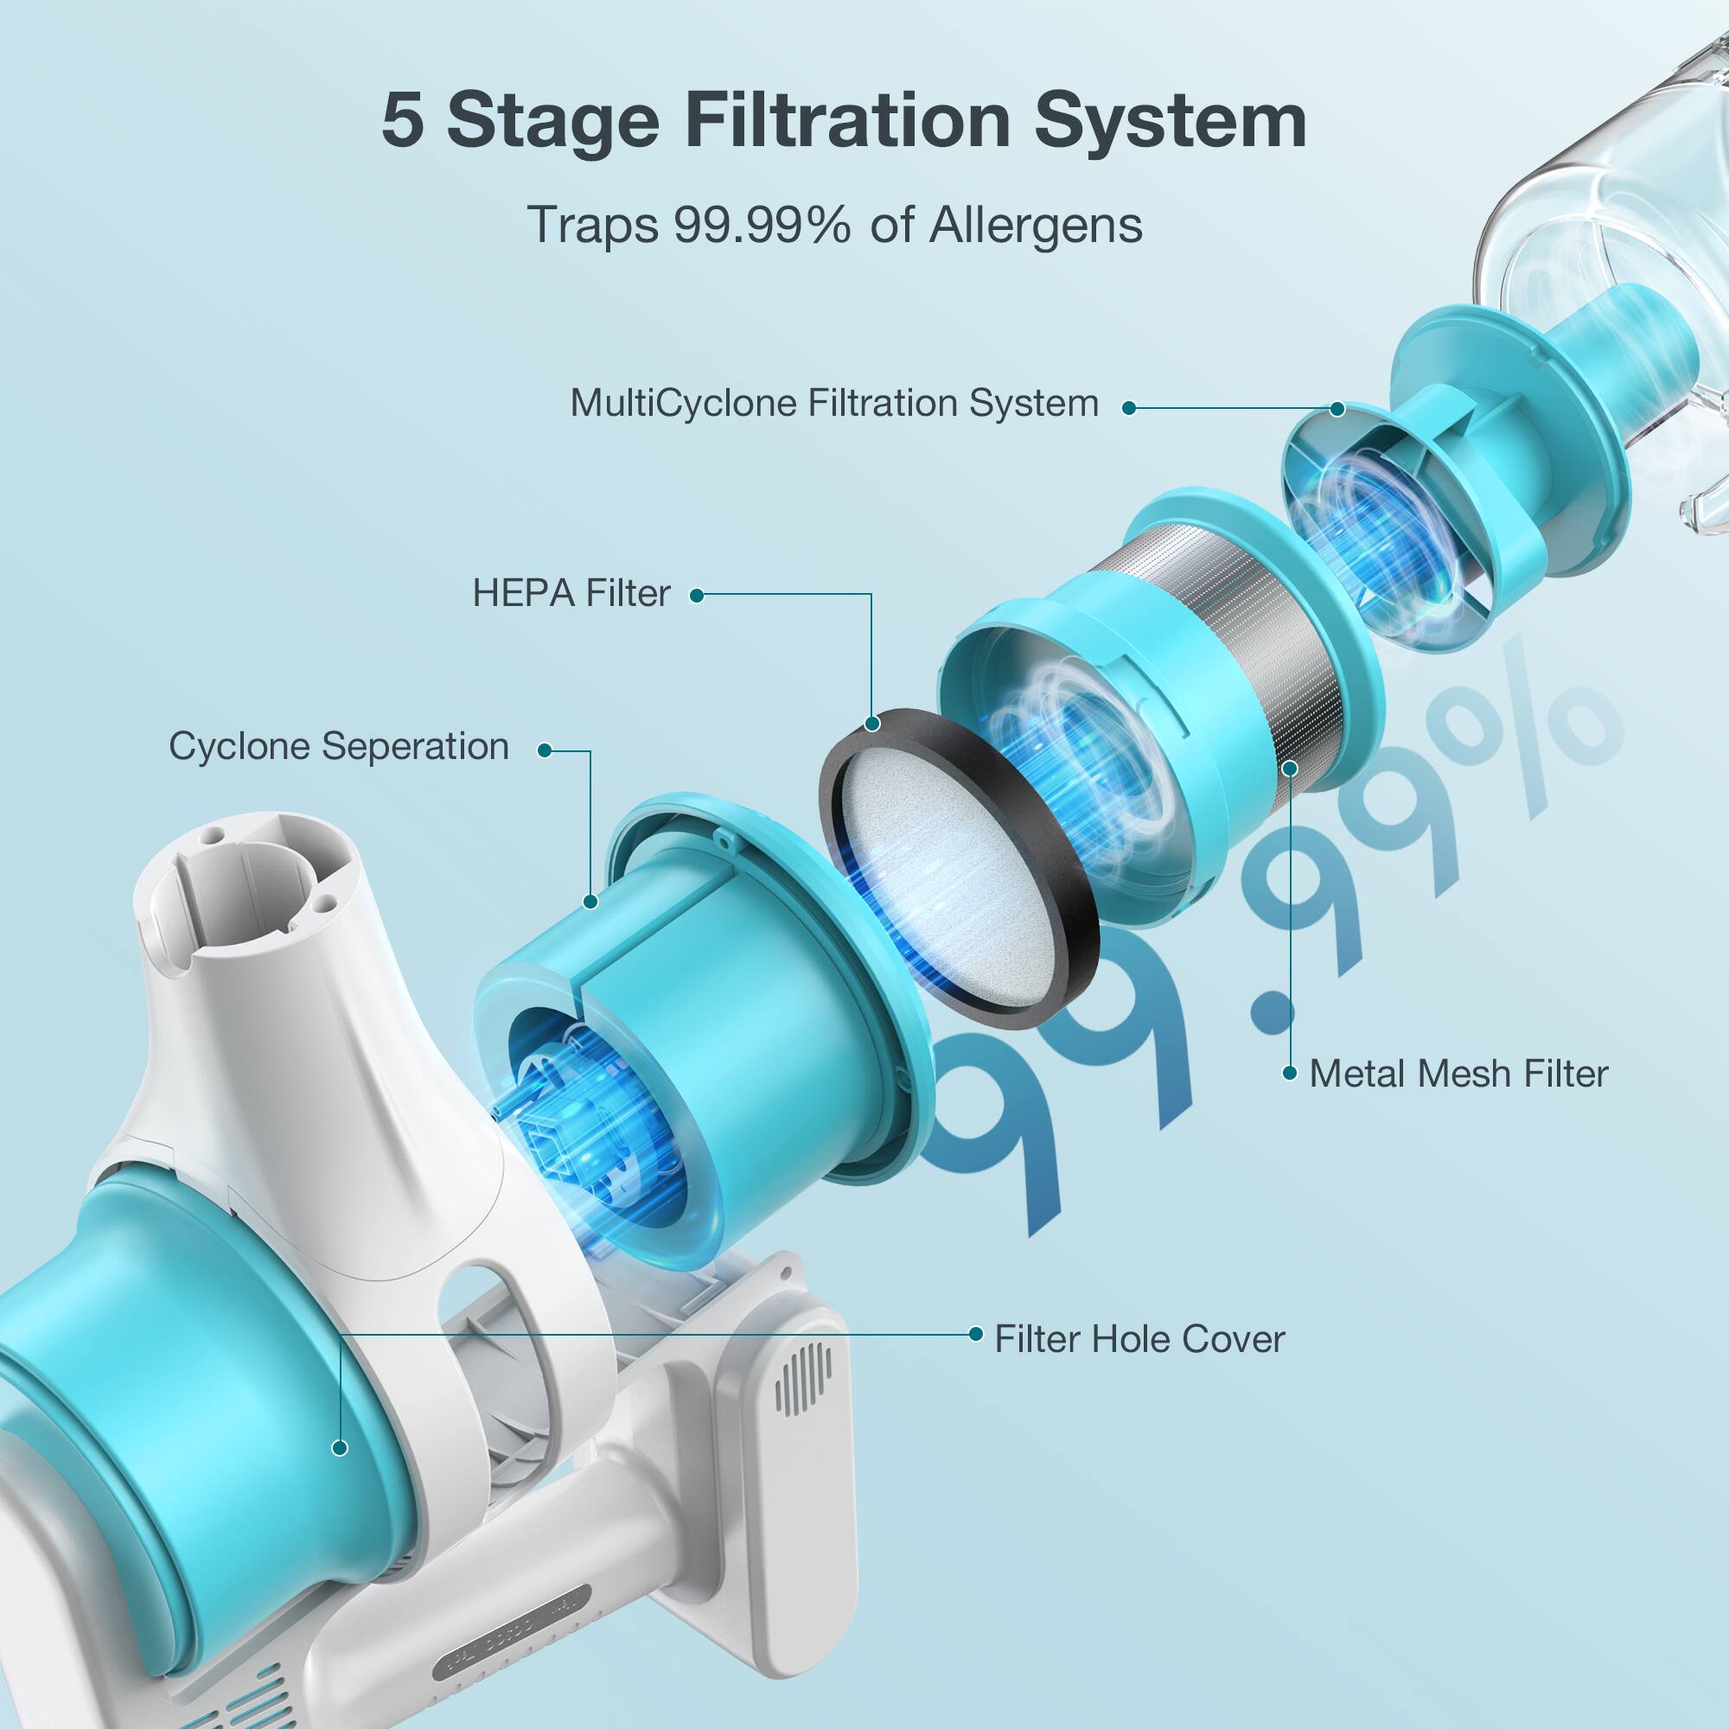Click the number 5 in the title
pos(402,121)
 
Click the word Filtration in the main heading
pos(846,121)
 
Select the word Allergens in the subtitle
pos(1036,225)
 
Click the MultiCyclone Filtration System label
pos(834,404)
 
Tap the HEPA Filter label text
pos(571,593)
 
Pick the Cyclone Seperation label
pos(339,746)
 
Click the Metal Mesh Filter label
pos(1458,1074)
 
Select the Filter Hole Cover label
pos(1139,1340)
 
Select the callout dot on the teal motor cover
pos(339,1447)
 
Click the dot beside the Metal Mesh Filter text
pos(1290,1073)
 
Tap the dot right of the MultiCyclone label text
pos(1128,408)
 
